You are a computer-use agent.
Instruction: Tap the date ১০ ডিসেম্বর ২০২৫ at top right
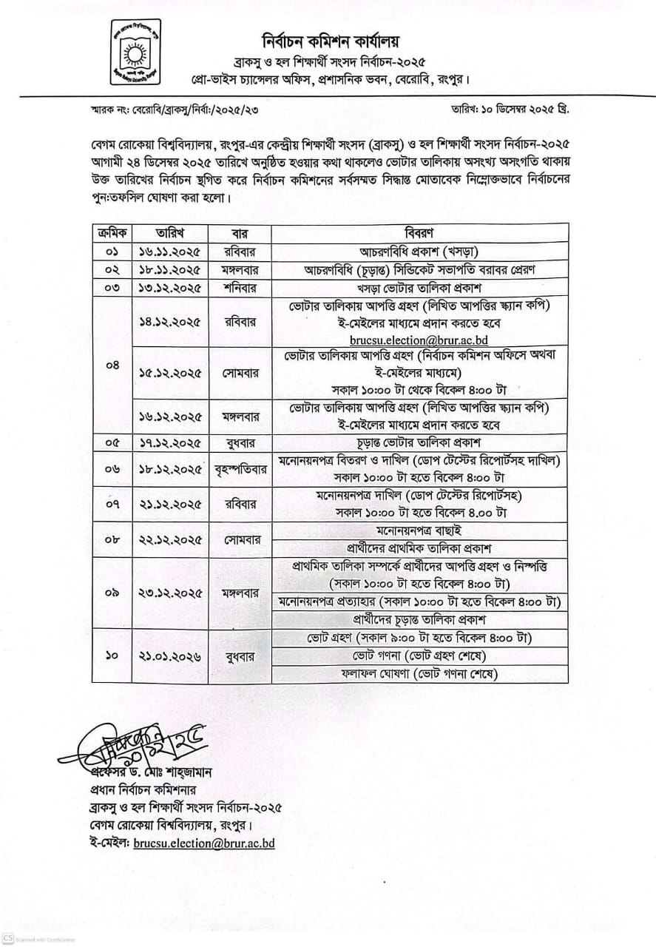(510, 108)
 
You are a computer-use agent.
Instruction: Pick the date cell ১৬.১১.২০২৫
(169, 250)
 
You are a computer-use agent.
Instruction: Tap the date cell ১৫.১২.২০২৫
(169, 374)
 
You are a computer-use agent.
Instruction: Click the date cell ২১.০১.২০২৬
(169, 656)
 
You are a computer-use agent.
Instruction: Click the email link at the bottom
(204, 843)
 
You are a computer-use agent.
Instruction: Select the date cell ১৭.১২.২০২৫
(169, 442)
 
